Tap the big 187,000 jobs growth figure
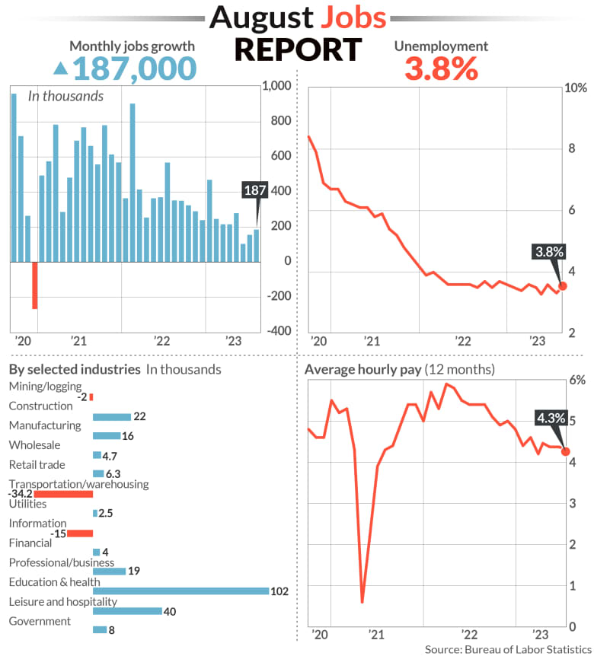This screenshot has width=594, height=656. (134, 68)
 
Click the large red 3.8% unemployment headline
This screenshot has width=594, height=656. (440, 69)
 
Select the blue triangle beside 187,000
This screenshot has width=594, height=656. (59, 69)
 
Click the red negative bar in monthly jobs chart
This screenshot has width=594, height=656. (34, 285)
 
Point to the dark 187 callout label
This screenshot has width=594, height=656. (254, 190)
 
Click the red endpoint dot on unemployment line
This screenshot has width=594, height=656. (563, 286)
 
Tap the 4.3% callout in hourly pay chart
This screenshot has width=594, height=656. (551, 418)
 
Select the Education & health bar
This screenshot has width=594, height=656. (180, 591)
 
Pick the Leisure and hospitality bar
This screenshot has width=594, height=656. (127, 611)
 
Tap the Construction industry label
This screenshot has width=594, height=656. (40, 406)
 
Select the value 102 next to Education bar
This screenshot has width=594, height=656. (279, 592)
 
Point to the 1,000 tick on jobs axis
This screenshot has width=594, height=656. (276, 87)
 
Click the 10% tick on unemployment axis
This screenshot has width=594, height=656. (574, 88)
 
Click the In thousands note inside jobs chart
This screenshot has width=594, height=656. (65, 96)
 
